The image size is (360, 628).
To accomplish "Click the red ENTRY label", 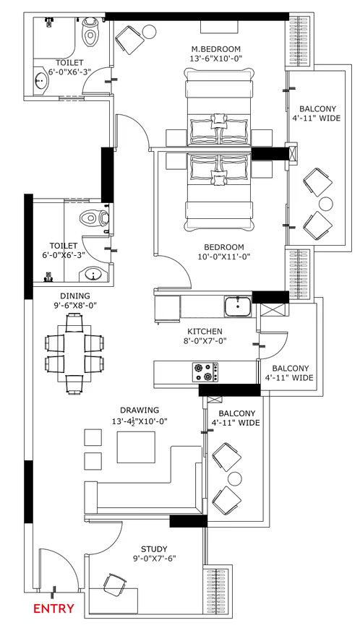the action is pyautogui.click(x=53, y=608).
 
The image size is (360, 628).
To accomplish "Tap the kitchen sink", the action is pyautogui.click(x=238, y=306).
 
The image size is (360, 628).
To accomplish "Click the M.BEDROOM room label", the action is pyautogui.click(x=216, y=49).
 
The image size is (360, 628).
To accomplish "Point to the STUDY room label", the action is pyautogui.click(x=154, y=549).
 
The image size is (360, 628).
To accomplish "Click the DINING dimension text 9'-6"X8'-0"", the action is pyautogui.click(x=75, y=305).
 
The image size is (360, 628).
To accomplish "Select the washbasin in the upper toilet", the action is pyautogui.click(x=41, y=82).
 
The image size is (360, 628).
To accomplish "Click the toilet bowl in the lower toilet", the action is pyautogui.click(x=95, y=218).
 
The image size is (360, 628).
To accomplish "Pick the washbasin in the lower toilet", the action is pyautogui.click(x=95, y=275).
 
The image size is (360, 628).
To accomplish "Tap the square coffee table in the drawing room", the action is pyautogui.click(x=136, y=447).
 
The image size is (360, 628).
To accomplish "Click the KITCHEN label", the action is pyautogui.click(x=205, y=332).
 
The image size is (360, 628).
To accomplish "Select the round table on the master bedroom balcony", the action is pyautogui.click(x=325, y=204).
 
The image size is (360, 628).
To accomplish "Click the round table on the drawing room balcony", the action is pyautogui.click(x=235, y=478).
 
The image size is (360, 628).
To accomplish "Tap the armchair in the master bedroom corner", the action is pyautogui.click(x=129, y=40).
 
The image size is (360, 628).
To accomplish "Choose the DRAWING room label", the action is pyautogui.click(x=140, y=410).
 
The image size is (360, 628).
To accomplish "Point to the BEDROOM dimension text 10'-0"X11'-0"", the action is pyautogui.click(x=224, y=257).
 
